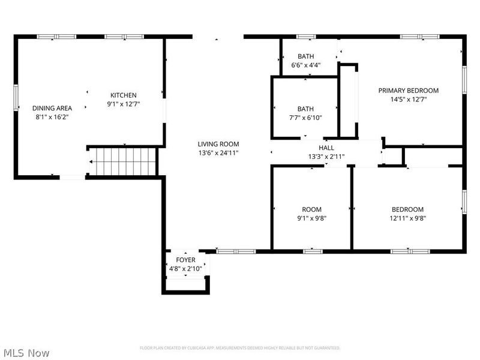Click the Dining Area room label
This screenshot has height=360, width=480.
pos(52,108)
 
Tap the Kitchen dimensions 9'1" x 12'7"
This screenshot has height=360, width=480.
pos(123,104)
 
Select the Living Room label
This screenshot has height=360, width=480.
pos(218,144)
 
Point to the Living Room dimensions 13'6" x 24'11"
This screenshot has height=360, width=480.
pos(218,153)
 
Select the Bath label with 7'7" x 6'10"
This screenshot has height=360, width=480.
pos(305,109)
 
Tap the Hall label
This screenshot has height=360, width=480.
pos(326,148)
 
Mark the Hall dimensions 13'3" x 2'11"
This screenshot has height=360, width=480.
pos(326,157)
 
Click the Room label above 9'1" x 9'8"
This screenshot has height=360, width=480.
pos(311,209)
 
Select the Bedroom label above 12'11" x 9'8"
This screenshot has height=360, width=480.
pos(407,209)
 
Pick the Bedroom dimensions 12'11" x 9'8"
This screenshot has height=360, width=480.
pos(407,218)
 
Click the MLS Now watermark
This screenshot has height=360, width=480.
pos(26,353)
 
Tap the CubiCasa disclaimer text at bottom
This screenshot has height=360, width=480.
pos(240,347)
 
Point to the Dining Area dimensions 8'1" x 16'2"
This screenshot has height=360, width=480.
pos(52,117)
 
